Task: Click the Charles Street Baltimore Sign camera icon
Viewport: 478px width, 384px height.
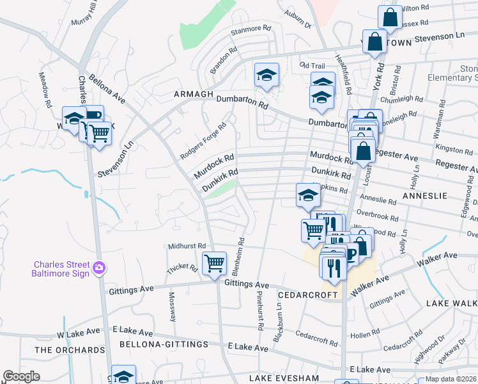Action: pyautogui.click(x=98, y=267)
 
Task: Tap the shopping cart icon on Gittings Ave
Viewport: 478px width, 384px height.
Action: pyautogui.click(x=214, y=262)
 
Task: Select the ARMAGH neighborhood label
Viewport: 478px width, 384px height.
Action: pyautogui.click(x=192, y=94)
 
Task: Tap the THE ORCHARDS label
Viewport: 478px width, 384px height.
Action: pyautogui.click(x=70, y=350)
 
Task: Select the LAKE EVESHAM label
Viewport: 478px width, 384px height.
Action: pyautogui.click(x=284, y=378)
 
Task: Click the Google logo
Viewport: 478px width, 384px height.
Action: pyautogui.click(x=21, y=376)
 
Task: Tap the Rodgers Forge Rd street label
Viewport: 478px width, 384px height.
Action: pyautogui.click(x=203, y=141)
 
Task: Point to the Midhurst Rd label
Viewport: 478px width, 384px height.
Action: pyautogui.click(x=187, y=246)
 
